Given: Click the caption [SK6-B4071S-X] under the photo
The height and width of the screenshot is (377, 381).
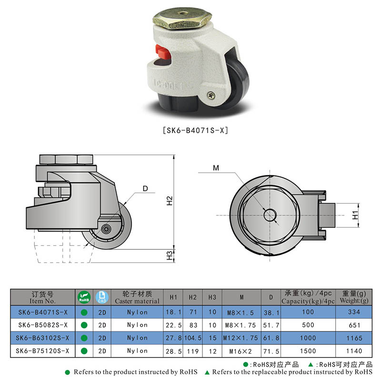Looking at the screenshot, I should point(195,129).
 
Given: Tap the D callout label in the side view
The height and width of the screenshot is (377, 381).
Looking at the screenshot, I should point(145,189).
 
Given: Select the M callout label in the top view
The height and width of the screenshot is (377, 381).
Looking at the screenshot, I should point(216,168).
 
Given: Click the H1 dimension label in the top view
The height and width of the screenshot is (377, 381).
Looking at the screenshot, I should point(355,215).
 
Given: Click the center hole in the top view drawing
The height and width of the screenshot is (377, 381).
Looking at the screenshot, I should point(271,215).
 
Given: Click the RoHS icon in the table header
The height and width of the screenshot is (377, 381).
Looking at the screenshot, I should point(83,297).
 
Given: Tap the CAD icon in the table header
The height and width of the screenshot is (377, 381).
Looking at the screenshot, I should point(101,297).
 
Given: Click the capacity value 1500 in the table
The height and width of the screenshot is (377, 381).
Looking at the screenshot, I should point(308,351).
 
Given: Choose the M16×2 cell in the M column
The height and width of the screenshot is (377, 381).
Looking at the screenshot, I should point(241,351).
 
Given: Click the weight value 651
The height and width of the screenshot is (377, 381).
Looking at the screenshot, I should point(352,325).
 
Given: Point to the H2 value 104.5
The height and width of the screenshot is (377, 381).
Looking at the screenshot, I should point(193,338).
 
